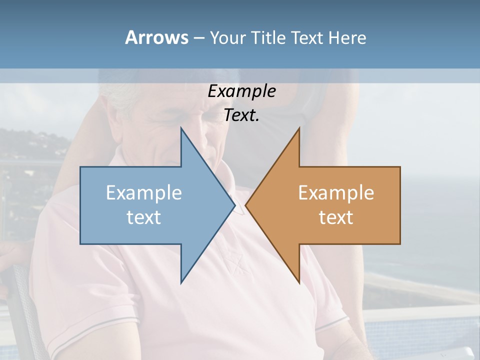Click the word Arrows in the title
pos(156,37)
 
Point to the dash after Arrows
pos(198,38)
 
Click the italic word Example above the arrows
pos(241,91)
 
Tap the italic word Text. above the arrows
pos(241,115)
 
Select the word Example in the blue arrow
pos(144,193)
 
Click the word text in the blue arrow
pos(144,217)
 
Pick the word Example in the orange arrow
pos(336,193)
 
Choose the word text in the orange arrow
pos(336,217)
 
